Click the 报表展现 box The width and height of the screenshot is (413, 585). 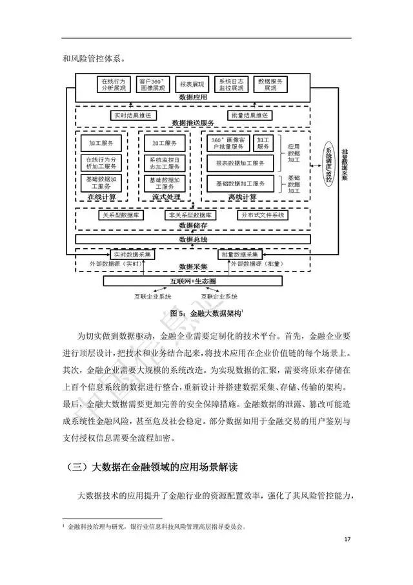pos(192,85)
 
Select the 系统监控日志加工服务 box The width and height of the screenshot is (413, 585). pos(165,162)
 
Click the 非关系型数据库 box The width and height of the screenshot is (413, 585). pos(192,215)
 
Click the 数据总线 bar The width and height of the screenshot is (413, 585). pos(193,240)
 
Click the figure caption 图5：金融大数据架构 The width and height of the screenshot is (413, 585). pos(206,313)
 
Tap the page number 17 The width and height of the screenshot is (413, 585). pos(347,540)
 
